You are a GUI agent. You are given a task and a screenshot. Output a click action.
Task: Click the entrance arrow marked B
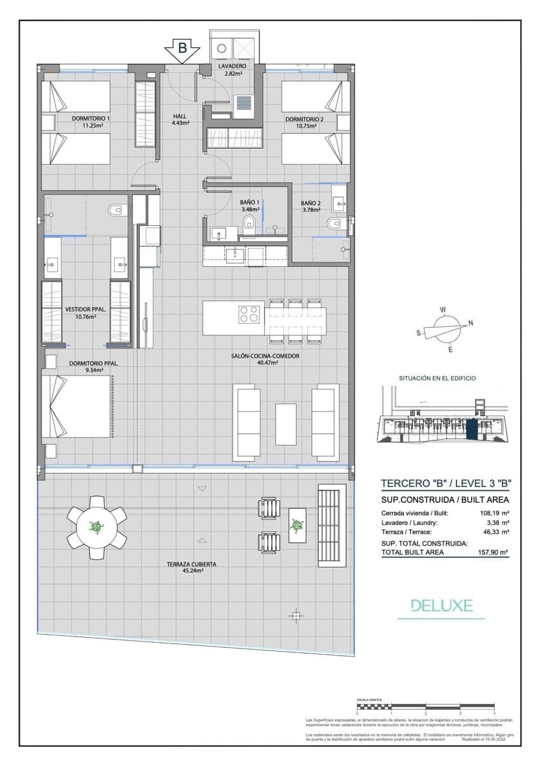coord(182,49)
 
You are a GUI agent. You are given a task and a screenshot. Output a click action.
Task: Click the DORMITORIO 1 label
coord(91,122)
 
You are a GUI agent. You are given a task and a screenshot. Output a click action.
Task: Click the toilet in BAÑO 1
coord(249,222)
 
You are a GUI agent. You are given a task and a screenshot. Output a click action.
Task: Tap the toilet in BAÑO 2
coord(333,223)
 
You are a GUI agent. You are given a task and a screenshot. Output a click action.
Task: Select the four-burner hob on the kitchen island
coord(249,315)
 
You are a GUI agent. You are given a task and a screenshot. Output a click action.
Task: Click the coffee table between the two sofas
coord(285,424)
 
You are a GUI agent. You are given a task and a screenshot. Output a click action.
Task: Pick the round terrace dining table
coord(96,527)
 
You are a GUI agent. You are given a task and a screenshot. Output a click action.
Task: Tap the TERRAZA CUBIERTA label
coord(191,568)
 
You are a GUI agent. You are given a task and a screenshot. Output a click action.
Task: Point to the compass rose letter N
coord(471,323)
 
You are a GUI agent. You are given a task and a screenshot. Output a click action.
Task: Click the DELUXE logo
coord(441,605)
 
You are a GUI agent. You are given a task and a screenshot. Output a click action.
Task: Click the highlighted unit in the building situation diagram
coord(472,428)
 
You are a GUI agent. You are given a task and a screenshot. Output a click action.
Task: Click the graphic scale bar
coord(425,707)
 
